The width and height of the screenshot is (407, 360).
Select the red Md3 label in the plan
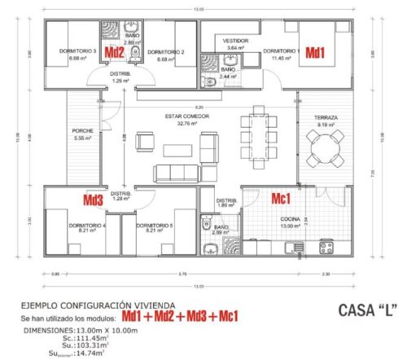(x=94, y=198)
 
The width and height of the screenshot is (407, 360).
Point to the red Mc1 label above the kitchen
(x=282, y=198)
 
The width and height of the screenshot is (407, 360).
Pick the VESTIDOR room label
(x=234, y=40)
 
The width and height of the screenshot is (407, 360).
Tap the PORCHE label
(x=82, y=130)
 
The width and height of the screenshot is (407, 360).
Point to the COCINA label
(x=290, y=219)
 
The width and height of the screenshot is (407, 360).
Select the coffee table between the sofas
(x=176, y=149)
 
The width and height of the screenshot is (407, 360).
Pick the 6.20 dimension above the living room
(x=188, y=107)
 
